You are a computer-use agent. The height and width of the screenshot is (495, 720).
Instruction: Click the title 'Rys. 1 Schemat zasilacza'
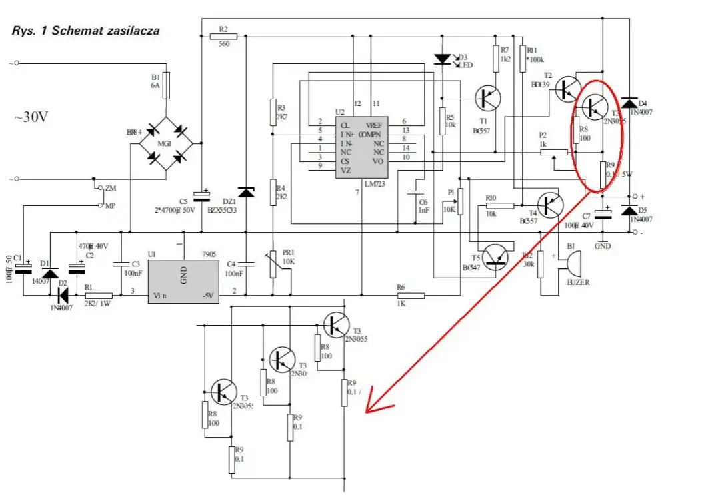pos(85,31)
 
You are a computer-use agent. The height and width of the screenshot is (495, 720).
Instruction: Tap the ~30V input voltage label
pos(31,117)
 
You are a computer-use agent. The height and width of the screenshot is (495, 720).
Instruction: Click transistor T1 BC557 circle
pos(487,99)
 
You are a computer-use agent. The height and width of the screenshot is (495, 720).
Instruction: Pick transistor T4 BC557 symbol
pos(550,205)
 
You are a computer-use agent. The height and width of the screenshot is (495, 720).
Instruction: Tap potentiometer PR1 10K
pos(272,264)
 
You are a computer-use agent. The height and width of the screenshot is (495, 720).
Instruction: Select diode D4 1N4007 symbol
pos(629,103)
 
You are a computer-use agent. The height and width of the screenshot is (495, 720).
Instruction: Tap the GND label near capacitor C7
pos(603,245)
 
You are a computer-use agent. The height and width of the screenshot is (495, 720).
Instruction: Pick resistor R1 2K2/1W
pos(99,294)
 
